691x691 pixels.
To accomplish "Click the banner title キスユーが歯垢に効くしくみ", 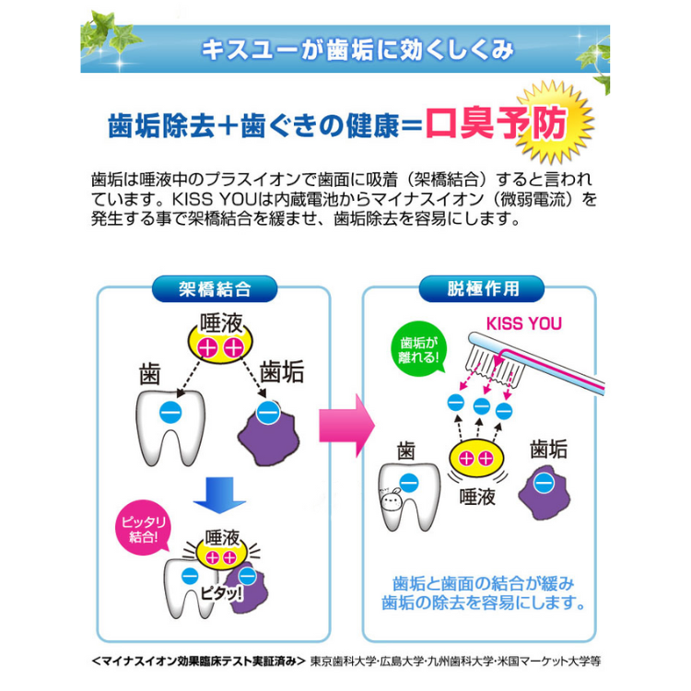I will (x=357, y=49).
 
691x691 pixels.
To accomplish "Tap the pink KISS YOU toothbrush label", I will (x=523, y=324).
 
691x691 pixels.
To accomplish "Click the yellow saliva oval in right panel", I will (x=476, y=458).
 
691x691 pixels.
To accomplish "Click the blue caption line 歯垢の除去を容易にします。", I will (x=484, y=604).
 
